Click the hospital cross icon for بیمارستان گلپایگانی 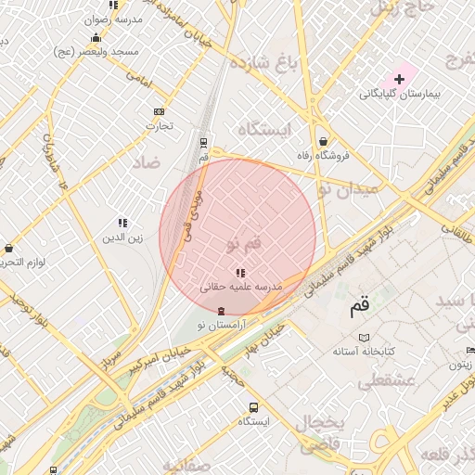tap(400, 80)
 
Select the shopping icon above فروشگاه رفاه tap(322, 141)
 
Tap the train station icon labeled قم tap(203, 142)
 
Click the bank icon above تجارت tap(159, 111)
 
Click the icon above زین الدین tap(122, 223)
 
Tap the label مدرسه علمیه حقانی tap(241, 288)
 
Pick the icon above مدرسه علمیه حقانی tap(241, 273)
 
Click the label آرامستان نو tap(220, 325)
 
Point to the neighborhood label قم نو tap(244, 243)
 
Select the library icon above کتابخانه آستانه tap(365, 338)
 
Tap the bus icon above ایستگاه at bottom tap(253, 407)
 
